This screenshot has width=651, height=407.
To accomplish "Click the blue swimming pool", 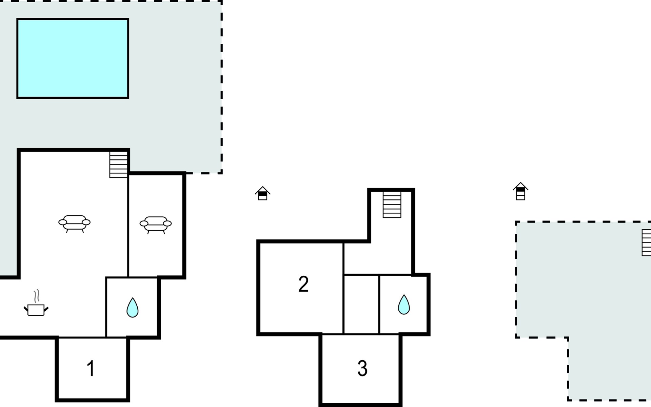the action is click(73, 58).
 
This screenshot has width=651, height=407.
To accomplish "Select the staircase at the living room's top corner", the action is click(118, 164).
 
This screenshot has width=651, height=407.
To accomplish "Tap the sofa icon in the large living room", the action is click(74, 224).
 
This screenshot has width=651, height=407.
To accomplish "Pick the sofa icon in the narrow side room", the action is click(156, 225).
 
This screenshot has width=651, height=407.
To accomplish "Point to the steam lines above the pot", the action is click(36, 296).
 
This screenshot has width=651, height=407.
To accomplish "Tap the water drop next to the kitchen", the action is click(132, 308).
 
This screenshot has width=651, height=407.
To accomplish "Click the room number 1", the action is click(91, 368).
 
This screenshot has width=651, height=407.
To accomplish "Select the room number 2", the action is click(303, 284).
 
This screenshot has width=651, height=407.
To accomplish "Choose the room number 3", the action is click(362, 368).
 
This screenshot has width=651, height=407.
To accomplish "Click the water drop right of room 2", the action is click(403, 305).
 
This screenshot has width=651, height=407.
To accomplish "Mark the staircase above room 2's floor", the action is click(392, 205).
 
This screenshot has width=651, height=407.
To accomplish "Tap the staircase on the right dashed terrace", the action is click(646, 243).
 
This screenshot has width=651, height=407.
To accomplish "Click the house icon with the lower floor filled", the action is click(262, 193).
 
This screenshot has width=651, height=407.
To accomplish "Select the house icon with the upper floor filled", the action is click(520, 191).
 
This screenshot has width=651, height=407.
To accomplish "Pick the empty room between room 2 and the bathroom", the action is click(361, 304).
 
